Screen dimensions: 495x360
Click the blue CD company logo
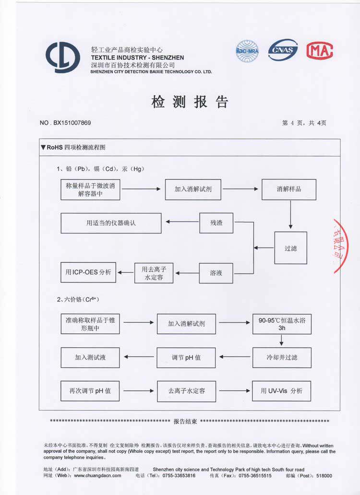pyautogui.click(x=63, y=57)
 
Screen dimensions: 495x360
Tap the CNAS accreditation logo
pyautogui.click(x=283, y=50)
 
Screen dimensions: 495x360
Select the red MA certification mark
pyautogui.click(x=320, y=50)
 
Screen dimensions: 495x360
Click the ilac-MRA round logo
pyautogui.click(x=247, y=50)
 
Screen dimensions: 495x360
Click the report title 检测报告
pyautogui.click(x=190, y=102)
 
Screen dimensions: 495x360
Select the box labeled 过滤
pyautogui.click(x=290, y=248)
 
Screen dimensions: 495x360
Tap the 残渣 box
pyautogui.click(x=216, y=223)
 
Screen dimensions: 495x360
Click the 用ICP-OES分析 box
pyautogui.click(x=88, y=272)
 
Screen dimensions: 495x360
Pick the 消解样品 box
pyautogui.click(x=289, y=189)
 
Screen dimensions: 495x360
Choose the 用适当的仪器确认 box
pyautogui.click(x=111, y=223)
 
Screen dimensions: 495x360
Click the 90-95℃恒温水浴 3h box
pyautogui.click(x=282, y=324)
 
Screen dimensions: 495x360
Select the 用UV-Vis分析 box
pyautogui.click(x=282, y=391)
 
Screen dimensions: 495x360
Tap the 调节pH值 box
pyautogui.click(x=186, y=357)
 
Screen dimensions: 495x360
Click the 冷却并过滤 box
pyautogui.click(x=282, y=357)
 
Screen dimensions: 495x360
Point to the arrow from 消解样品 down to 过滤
pyautogui.click(x=290, y=214)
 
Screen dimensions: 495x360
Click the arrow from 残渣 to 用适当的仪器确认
pyautogui.click(x=182, y=222)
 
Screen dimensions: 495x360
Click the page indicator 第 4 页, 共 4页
pyautogui.click(x=304, y=123)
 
